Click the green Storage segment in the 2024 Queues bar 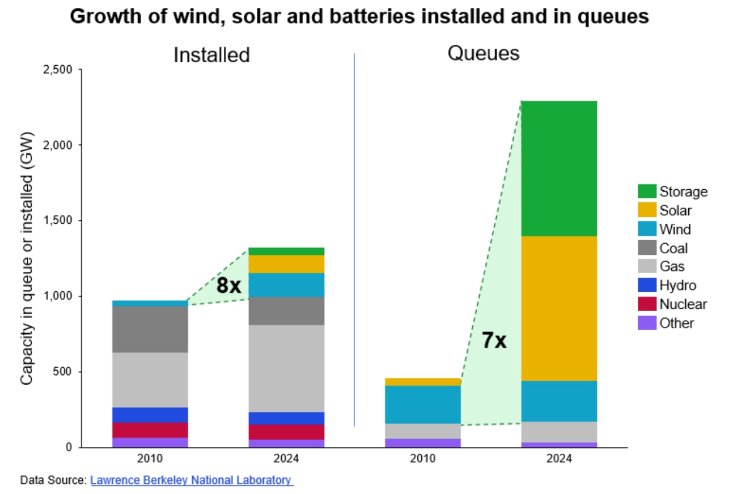pyautogui.click(x=559, y=168)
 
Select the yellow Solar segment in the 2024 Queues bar pyautogui.click(x=559, y=308)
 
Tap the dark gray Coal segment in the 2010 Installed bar pyautogui.click(x=150, y=329)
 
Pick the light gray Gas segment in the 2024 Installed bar pyautogui.click(x=286, y=368)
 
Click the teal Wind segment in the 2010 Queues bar pyautogui.click(x=422, y=404)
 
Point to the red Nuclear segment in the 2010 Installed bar pyautogui.click(x=150, y=430)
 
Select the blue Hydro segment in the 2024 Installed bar pyautogui.click(x=286, y=418)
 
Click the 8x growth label pyautogui.click(x=228, y=286)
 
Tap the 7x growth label pyautogui.click(x=493, y=341)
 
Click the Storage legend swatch pyautogui.click(x=647, y=191)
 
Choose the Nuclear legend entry pyautogui.click(x=683, y=304)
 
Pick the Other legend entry pyautogui.click(x=676, y=323)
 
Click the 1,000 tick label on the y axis pyautogui.click(x=58, y=296)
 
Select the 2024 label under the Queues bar pyautogui.click(x=559, y=458)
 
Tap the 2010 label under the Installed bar pyautogui.click(x=150, y=458)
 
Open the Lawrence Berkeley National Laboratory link pyautogui.click(x=192, y=480)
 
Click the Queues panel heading pyautogui.click(x=483, y=53)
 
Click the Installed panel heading pyautogui.click(x=211, y=55)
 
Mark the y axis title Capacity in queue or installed pyautogui.click(x=27, y=258)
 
